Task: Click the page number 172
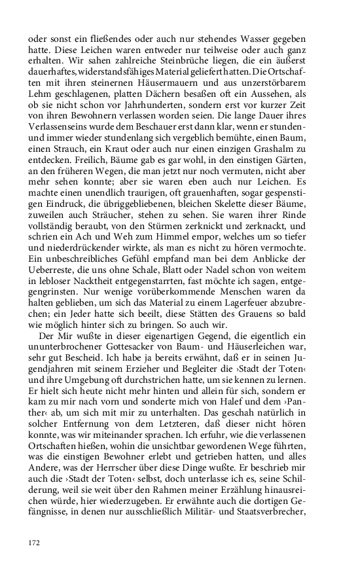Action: [35, 542]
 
